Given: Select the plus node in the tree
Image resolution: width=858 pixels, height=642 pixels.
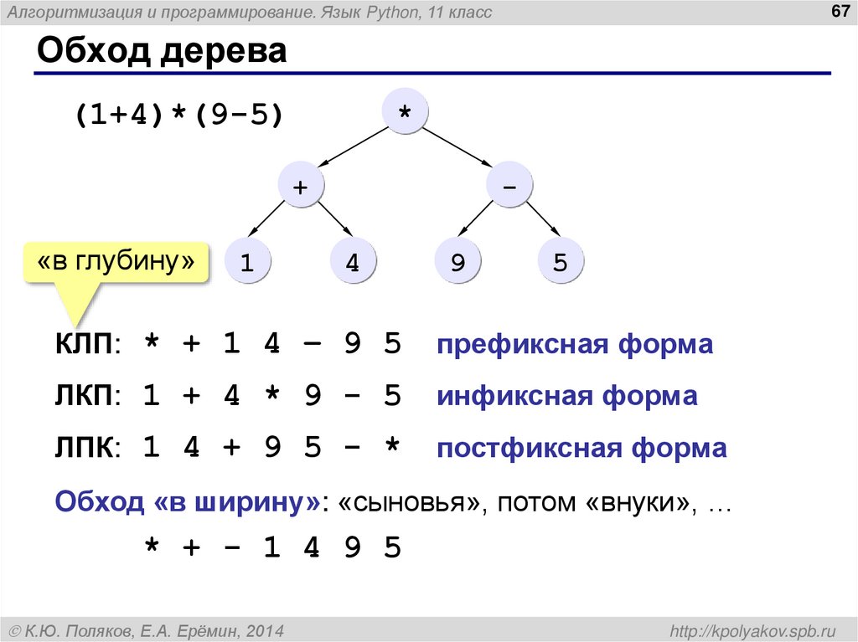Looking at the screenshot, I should click(x=300, y=187).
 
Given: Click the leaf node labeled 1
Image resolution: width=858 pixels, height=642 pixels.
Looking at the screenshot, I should click(x=247, y=263).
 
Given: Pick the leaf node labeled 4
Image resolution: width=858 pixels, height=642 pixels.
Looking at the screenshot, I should click(x=353, y=263).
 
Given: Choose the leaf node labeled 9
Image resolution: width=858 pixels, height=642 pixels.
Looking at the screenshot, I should click(x=457, y=263).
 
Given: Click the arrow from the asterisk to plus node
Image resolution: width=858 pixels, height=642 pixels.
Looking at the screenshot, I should click(x=353, y=149).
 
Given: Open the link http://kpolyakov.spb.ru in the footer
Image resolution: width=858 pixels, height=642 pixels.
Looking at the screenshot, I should click(x=753, y=629).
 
